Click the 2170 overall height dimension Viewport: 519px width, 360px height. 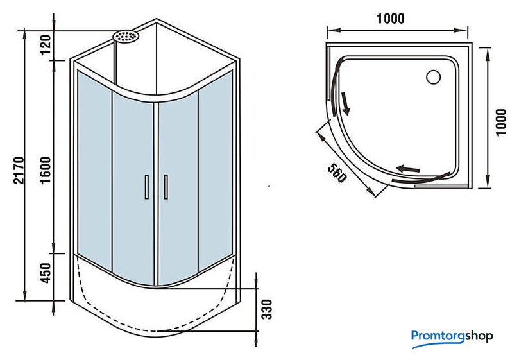(19, 170)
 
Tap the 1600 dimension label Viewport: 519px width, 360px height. (46, 170)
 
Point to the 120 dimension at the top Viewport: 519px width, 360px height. (46, 45)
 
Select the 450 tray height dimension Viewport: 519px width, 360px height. (46, 273)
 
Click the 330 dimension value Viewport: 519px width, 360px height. (267, 309)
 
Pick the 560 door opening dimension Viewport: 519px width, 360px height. (337, 173)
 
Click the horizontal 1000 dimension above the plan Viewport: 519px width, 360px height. (391, 19)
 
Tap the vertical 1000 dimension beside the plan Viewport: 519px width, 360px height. (501, 122)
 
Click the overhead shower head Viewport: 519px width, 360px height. (126, 36)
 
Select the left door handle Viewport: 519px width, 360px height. (147, 187)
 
